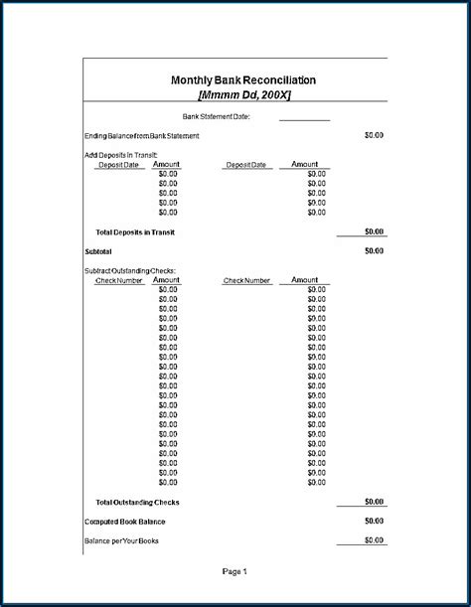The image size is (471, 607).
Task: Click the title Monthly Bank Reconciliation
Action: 243,79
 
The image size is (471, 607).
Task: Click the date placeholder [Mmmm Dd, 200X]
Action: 243,94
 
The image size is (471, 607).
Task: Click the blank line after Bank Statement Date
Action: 304,117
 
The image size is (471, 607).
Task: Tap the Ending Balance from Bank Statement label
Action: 142,135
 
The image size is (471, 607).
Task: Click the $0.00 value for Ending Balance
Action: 374,135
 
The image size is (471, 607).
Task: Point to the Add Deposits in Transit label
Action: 121,155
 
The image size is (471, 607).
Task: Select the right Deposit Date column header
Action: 246,165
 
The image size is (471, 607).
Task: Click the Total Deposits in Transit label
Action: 135,231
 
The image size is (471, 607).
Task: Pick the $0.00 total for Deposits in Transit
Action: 374,231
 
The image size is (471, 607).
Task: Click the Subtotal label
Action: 99,251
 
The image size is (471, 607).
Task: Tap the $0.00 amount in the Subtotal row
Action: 374,251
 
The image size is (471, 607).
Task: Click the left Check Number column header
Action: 119,280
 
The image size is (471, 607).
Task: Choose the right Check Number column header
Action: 246,280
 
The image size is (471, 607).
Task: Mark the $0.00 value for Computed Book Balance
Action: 374,521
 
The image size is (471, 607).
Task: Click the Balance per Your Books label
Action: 122,540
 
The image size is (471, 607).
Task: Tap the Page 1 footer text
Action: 235,571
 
